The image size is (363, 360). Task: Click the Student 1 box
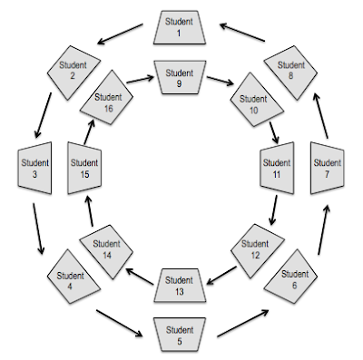180,27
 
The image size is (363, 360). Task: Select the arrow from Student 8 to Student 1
243,34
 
